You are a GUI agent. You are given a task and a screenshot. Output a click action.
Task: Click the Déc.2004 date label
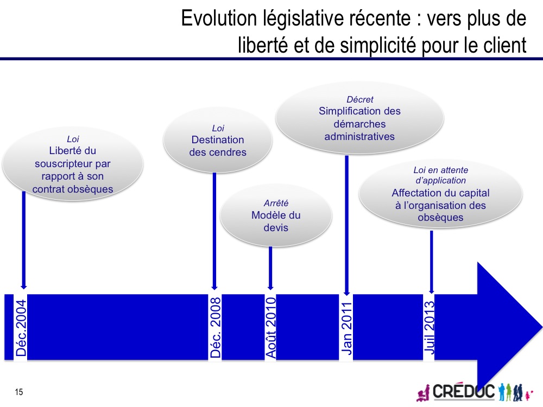[x=21, y=328]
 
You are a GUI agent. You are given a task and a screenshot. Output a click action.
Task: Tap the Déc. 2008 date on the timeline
[x=215, y=327]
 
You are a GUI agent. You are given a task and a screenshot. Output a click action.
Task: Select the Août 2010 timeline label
[x=270, y=327]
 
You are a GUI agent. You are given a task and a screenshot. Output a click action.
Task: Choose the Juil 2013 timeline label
[x=430, y=327]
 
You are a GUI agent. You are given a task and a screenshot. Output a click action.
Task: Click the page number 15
[x=18, y=392]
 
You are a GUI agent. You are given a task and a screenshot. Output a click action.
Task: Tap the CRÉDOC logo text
[x=464, y=392]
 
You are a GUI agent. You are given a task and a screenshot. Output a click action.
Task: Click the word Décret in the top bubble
[x=360, y=100]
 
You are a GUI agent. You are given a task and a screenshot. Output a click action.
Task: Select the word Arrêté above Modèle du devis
[x=276, y=203]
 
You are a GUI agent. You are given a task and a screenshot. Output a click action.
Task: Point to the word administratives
[x=359, y=137]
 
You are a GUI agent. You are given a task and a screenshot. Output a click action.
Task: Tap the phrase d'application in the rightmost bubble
[x=440, y=180]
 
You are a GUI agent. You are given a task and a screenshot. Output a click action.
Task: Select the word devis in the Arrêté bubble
[x=276, y=228]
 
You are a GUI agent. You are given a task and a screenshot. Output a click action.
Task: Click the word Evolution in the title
[x=219, y=18]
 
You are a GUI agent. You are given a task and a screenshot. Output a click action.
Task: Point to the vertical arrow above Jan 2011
[x=346, y=226]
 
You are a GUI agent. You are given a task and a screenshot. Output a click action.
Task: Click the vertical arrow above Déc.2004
[x=23, y=240]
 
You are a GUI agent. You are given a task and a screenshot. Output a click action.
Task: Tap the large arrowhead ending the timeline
[x=510, y=328]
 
